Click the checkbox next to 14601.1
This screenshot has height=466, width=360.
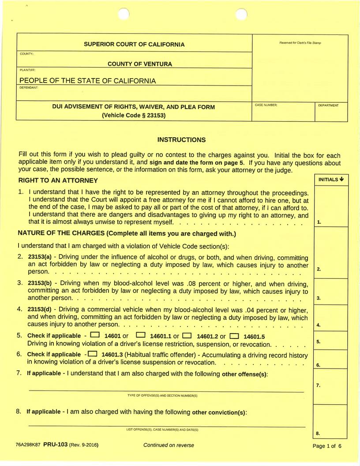[141, 335]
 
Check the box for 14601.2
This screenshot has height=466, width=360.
[187, 335]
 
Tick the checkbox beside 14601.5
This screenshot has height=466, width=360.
[234, 335]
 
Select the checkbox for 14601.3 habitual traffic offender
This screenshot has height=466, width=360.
[93, 353]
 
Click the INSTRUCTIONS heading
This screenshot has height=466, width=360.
[181, 140]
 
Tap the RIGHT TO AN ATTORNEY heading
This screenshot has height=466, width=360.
[58, 180]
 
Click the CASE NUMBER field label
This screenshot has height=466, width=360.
[266, 105]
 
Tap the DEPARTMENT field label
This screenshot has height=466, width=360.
[329, 105]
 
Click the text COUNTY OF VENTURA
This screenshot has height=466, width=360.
[140, 64]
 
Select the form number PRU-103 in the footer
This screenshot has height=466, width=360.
[55, 445]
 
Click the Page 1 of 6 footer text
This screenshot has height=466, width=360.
[327, 446]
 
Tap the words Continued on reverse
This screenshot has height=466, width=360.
[169, 445]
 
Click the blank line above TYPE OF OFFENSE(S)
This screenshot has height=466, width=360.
[166, 391]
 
